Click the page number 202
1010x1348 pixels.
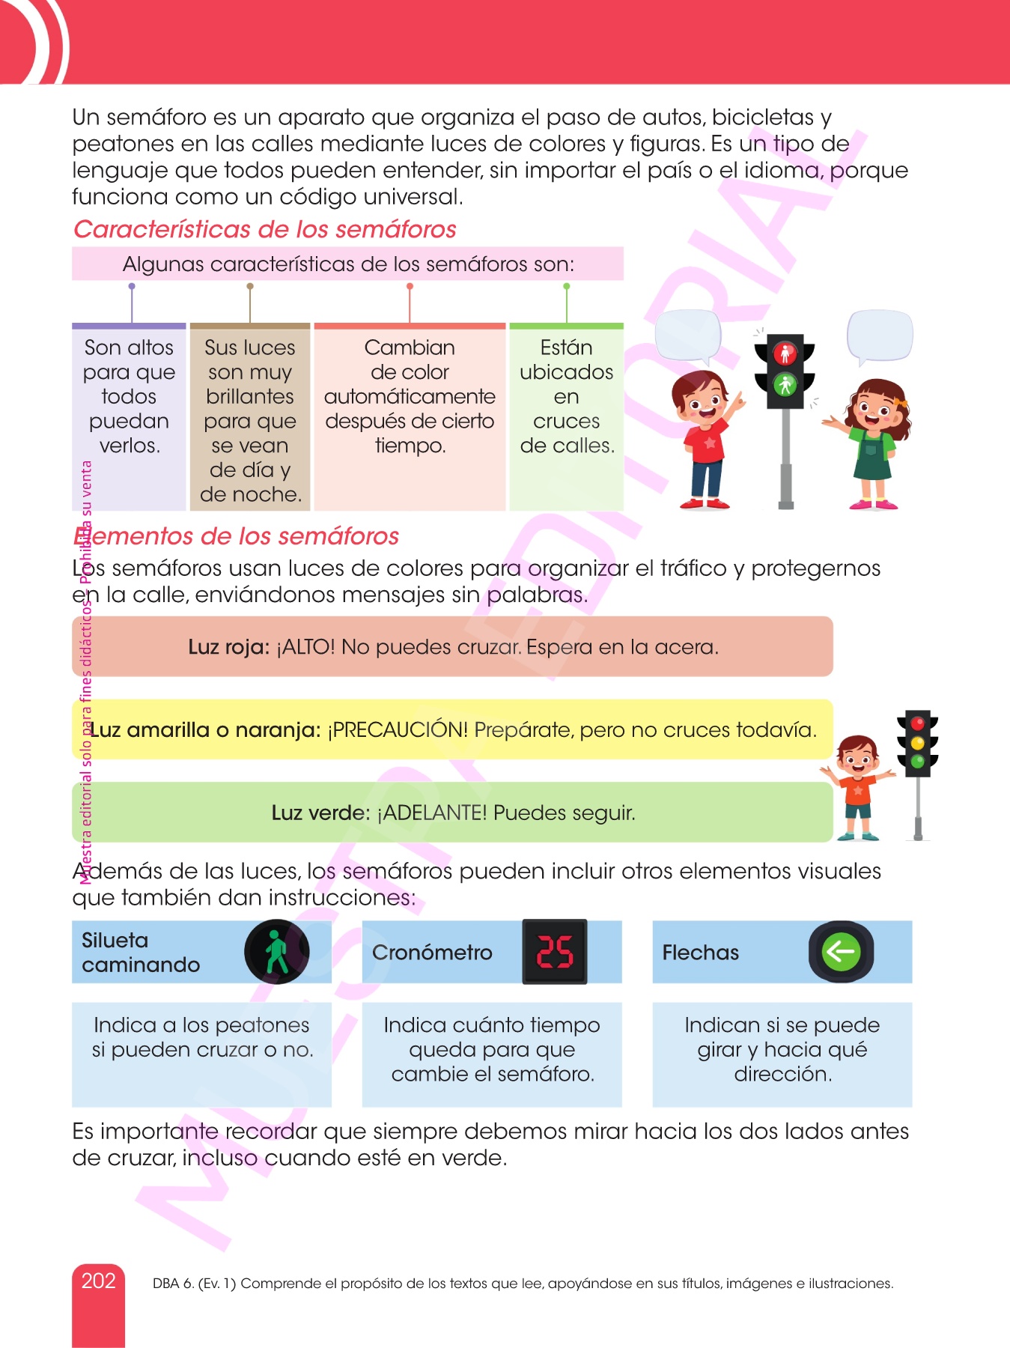pos(98,1281)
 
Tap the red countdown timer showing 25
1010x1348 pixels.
pos(555,952)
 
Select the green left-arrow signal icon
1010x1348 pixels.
pos(841,952)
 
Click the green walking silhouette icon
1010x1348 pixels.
pos(277,951)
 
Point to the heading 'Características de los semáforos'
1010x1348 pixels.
pos(265,229)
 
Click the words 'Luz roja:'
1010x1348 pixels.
pos(229,647)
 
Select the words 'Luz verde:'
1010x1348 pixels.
pos(320,813)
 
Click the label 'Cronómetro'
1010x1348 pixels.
pos(432,953)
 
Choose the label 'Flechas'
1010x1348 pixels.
pos(701,953)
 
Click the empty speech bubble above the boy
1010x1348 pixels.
pos(688,338)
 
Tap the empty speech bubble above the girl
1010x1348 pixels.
pos(880,337)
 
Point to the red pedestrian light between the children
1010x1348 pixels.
pos(785,353)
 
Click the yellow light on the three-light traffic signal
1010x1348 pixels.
pos(918,743)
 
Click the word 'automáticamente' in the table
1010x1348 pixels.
pos(410,397)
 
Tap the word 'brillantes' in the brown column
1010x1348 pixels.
pos(250,397)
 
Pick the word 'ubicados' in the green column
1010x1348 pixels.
pos(567,372)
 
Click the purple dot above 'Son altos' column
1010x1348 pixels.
pos(132,286)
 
